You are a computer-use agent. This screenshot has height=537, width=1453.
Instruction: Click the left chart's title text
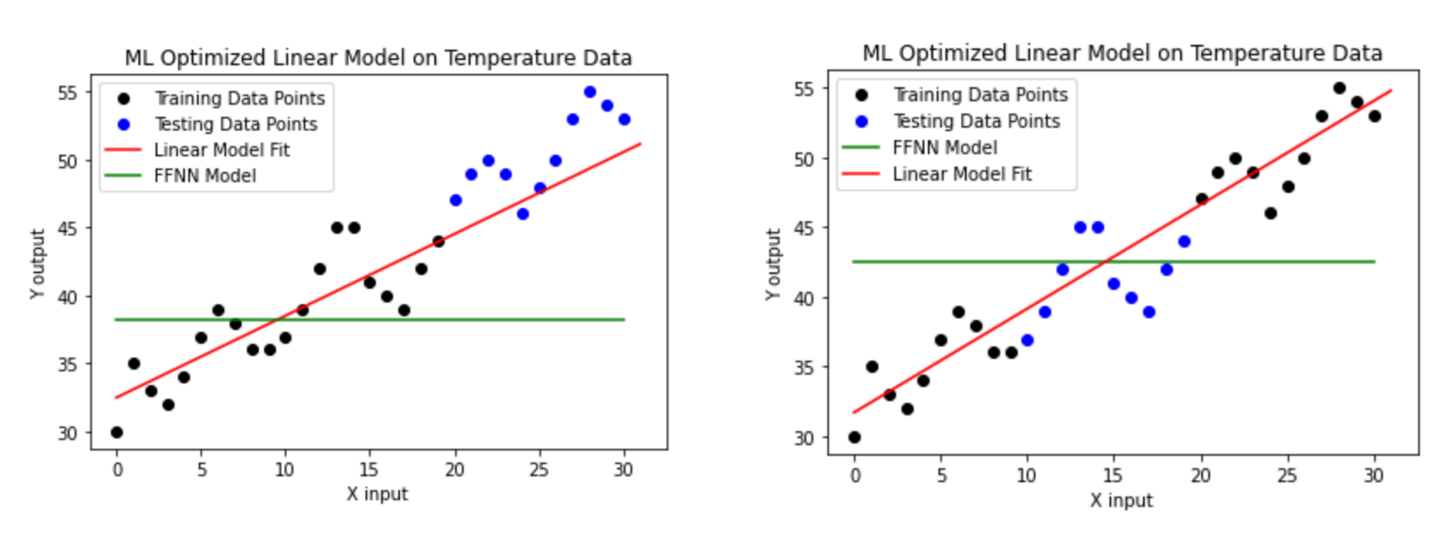point(378,58)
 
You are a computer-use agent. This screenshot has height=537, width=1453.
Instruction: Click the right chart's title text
point(1121,54)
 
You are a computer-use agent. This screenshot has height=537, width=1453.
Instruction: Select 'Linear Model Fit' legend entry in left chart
point(221,150)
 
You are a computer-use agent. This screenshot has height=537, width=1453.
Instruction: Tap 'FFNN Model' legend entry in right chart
point(944,148)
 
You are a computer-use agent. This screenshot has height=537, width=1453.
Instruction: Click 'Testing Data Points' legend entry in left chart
point(236,124)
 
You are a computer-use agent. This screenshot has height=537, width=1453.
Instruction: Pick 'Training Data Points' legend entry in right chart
point(980,95)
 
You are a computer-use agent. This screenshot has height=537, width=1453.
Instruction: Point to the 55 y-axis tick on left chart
point(67,93)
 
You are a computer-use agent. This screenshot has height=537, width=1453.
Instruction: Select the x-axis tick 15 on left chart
point(369,470)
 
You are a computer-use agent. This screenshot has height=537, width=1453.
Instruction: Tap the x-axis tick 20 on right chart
point(1201,476)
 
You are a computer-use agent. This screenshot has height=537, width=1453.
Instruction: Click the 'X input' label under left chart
point(377,494)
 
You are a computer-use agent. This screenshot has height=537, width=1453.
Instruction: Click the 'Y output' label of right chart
point(773,264)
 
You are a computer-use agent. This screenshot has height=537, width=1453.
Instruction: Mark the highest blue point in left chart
point(590,92)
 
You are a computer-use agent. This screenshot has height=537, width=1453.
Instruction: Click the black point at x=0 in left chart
point(117,433)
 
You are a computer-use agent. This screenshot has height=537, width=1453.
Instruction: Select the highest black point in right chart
point(1340,88)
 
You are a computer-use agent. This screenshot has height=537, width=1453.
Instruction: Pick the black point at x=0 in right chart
point(854,437)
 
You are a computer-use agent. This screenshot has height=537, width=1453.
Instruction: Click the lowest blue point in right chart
point(1028,340)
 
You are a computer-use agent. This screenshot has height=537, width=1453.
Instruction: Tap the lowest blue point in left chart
point(522,214)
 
